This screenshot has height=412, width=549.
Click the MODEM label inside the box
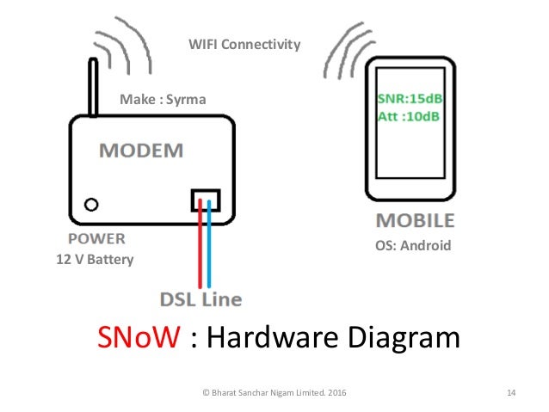(141, 151)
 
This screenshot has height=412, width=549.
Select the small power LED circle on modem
(89, 204)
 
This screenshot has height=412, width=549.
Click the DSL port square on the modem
(205, 200)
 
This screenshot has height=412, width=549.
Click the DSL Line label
(200, 299)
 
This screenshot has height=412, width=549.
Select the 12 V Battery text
(95, 258)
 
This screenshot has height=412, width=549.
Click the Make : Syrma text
(163, 101)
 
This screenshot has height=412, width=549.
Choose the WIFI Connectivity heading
(244, 43)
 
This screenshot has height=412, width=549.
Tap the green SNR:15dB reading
(410, 98)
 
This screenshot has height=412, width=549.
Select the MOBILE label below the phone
(415, 221)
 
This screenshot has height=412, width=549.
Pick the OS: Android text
(413, 245)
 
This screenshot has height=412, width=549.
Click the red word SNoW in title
(139, 338)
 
